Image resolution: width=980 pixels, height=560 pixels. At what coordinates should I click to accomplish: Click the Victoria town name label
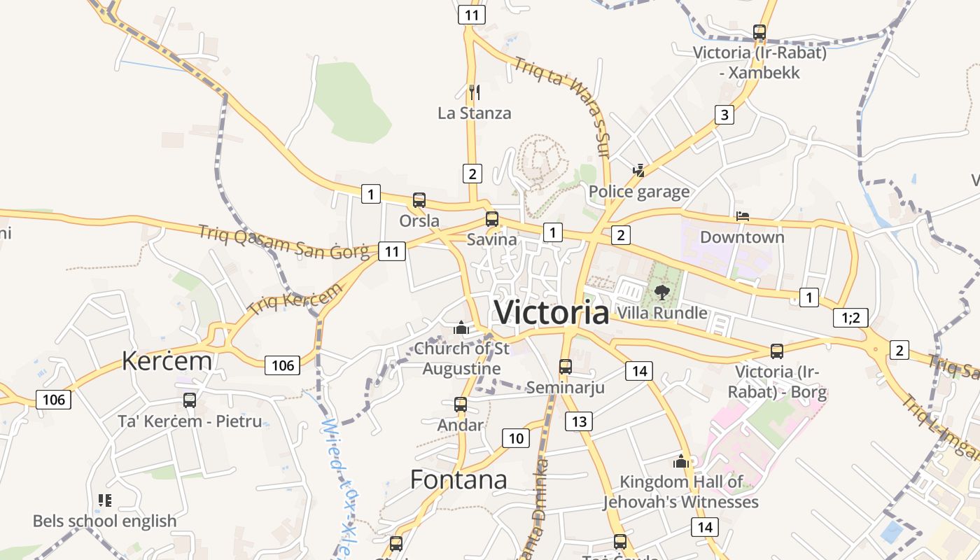coord(552,312)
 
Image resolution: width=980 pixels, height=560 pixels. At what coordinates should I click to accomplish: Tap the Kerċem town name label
coord(167,361)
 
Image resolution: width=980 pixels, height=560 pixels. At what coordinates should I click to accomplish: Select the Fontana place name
coord(458,480)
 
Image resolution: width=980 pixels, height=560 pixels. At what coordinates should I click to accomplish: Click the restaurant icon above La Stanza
coord(474,92)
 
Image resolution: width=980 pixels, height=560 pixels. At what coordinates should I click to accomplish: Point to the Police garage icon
coord(638,170)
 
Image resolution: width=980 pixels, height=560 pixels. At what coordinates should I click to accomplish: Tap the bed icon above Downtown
coord(742,216)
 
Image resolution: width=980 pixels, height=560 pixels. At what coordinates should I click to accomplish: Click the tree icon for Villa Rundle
coord(661,292)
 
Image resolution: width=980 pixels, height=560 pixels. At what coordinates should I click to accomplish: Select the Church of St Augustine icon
coord(461,328)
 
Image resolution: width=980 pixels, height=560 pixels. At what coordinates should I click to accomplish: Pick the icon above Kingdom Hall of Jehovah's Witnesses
coord(681,461)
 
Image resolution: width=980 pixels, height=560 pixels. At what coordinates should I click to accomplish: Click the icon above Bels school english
coord(105,500)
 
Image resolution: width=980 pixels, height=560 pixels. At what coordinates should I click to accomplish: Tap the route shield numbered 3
coord(724,115)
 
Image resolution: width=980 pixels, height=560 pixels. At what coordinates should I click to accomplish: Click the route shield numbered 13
coord(579,421)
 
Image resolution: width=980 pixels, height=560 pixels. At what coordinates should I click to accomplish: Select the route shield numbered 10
coord(516,439)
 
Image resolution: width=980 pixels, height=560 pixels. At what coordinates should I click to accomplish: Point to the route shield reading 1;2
coord(850,318)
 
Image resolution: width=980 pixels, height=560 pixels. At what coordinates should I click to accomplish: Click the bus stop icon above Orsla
coord(419,200)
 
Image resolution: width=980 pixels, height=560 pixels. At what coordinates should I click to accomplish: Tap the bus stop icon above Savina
coord(492,218)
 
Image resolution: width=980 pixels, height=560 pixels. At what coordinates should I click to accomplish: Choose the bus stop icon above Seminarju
coord(566,366)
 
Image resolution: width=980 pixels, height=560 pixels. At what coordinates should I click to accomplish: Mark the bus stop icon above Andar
coord(460,404)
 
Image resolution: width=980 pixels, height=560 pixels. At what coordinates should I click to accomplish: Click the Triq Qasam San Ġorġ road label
coord(283,242)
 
